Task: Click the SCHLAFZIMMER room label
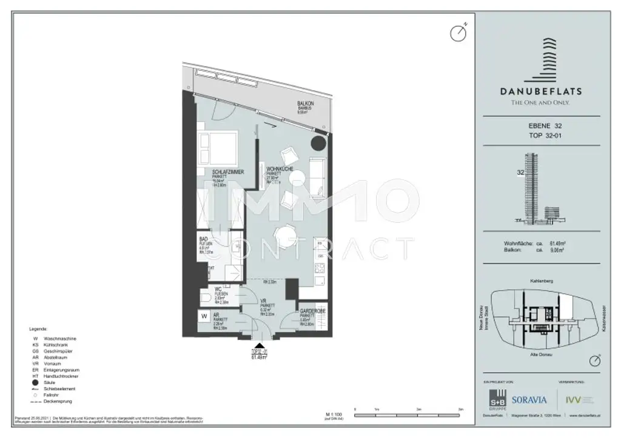[228, 173]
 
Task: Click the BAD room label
[204, 239]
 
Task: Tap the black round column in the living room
[318, 144]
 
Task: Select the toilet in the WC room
[206, 298]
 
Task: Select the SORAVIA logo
[529, 400]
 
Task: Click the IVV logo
[572, 400]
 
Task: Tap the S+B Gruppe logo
[498, 399]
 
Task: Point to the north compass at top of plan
[458, 33]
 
